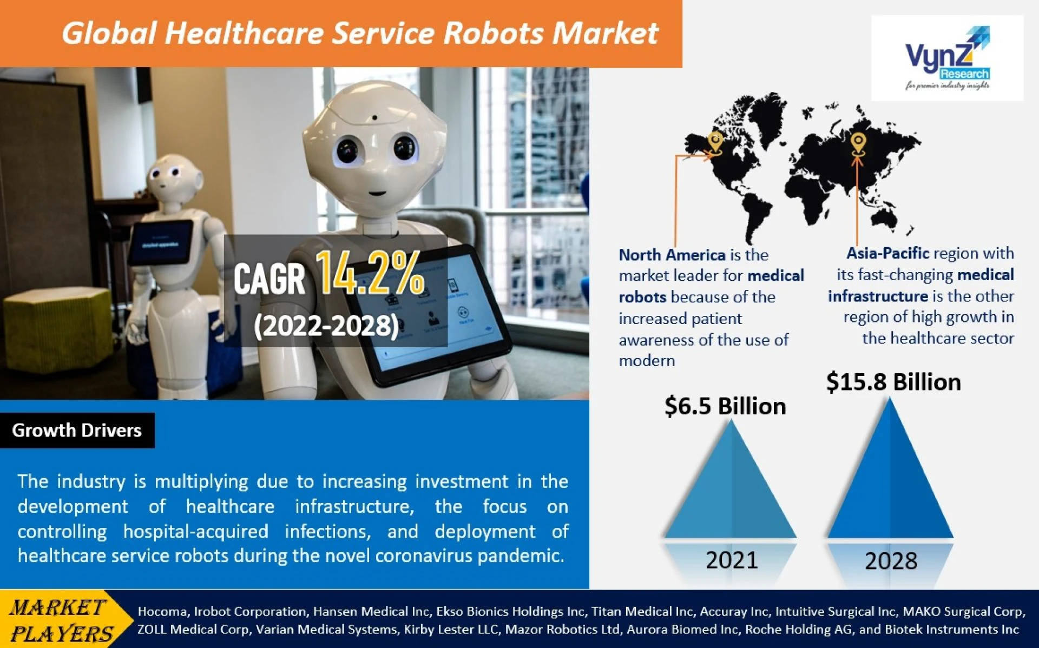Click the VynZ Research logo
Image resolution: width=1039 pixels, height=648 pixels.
[x=948, y=58]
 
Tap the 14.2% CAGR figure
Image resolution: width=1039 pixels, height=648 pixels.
[x=370, y=273]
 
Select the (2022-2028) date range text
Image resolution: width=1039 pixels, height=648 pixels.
[x=326, y=326]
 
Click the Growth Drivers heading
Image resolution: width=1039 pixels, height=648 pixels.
[x=77, y=430]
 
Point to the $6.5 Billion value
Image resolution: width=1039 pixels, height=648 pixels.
[x=725, y=406]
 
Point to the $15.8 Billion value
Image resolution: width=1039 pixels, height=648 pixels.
[x=893, y=382]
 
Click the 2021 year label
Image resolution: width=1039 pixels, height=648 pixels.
[x=732, y=560]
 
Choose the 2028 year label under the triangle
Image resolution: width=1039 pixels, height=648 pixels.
[x=891, y=561]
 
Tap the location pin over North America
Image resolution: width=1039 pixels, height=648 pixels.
[x=715, y=143]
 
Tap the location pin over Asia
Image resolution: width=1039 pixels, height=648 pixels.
[x=857, y=143]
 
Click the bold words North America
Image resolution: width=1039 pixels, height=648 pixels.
[x=672, y=255]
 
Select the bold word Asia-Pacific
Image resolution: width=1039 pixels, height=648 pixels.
[x=888, y=253]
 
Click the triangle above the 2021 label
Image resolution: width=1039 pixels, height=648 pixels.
[x=731, y=479]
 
